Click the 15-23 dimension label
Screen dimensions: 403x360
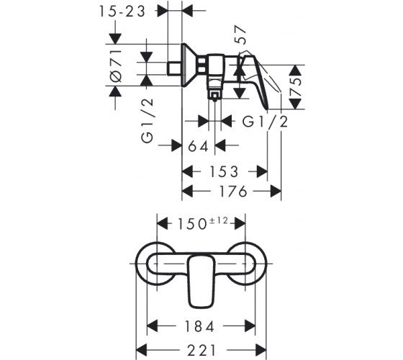(122, 12)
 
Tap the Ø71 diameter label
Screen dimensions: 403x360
(116, 66)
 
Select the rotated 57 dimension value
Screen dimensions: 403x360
(240, 35)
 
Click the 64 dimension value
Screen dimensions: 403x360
(198, 147)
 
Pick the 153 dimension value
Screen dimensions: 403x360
(224, 172)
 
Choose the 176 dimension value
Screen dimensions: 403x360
(233, 192)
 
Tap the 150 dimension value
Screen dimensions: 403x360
(192, 224)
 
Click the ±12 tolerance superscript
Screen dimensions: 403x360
(219, 220)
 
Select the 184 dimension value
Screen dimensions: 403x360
(199, 327)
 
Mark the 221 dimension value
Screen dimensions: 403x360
(201, 350)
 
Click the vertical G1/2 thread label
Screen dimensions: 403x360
(147, 120)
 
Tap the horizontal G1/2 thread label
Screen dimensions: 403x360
(266, 122)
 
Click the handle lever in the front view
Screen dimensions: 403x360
(201, 282)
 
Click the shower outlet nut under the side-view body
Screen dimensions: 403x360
(214, 95)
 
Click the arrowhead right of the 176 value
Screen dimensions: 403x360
(276, 192)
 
